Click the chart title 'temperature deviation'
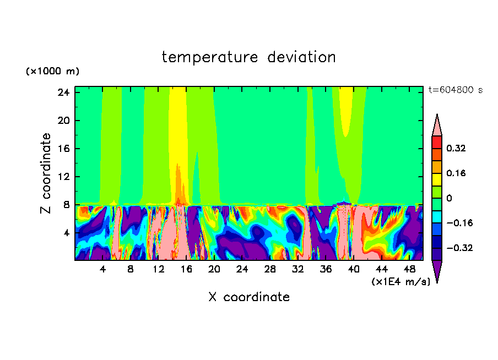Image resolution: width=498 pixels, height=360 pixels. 248,57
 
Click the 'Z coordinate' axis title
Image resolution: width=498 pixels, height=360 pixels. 46,173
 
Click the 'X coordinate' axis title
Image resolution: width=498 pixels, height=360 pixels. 248,297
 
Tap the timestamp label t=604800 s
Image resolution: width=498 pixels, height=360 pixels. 455,90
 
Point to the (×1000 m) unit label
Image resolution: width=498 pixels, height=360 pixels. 52,72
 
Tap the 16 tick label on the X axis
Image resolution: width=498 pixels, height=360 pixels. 186,269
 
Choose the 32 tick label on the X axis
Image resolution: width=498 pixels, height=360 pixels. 298,269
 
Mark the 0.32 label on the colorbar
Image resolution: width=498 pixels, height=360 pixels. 456,148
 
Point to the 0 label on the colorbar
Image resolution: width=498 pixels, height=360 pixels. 449,198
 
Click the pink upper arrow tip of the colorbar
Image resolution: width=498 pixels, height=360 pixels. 437,126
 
